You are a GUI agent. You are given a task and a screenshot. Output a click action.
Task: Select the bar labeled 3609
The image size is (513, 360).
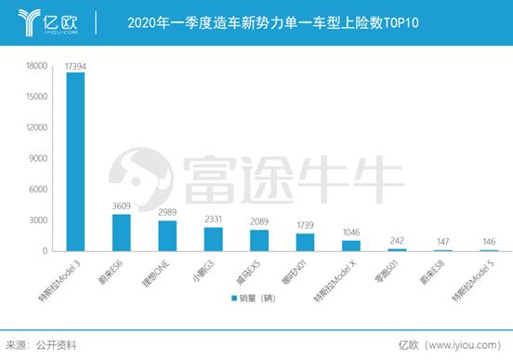121,233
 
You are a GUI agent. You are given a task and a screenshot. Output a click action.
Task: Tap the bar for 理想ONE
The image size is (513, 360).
167,235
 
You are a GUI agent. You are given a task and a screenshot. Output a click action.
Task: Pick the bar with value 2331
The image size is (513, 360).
213,239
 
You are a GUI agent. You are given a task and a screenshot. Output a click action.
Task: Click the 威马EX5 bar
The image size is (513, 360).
259,240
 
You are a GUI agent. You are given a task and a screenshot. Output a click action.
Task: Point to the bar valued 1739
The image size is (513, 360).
305,242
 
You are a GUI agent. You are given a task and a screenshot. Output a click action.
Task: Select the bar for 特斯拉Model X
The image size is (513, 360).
351,246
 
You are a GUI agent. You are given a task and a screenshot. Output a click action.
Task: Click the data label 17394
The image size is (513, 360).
75,65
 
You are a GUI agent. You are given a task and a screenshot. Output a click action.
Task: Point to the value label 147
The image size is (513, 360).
442,241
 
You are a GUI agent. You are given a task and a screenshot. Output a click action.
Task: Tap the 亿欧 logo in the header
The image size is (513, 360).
46,20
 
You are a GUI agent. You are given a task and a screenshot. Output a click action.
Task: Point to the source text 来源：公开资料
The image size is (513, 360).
41,344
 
